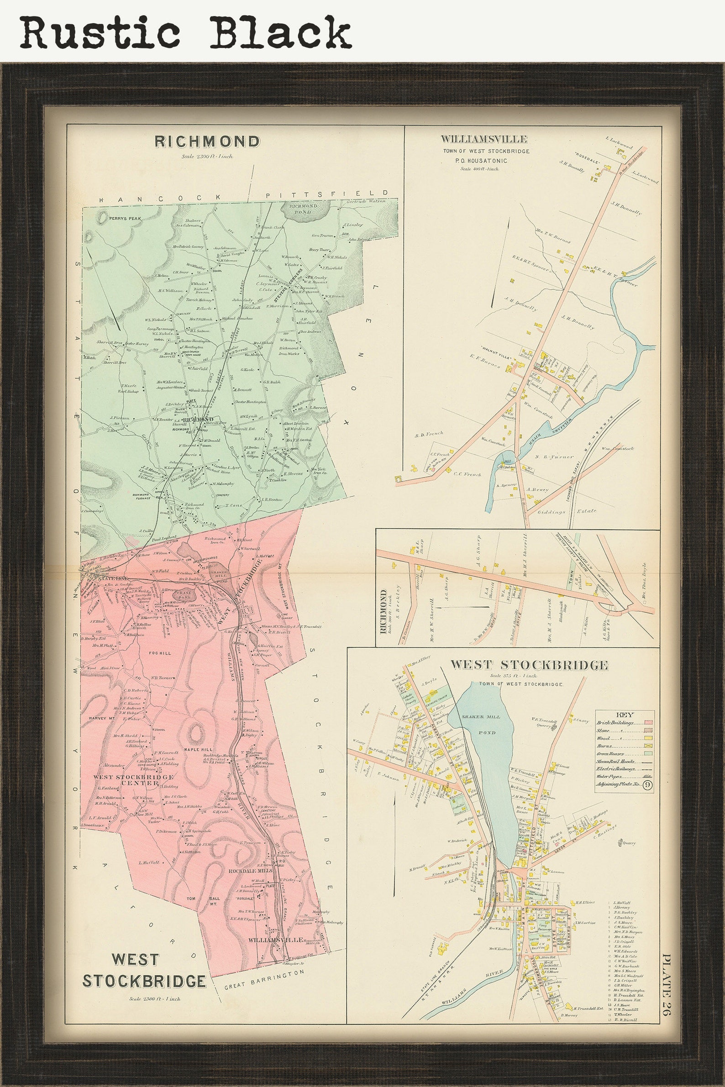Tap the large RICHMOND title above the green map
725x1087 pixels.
pos(207,142)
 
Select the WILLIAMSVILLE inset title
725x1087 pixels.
pos(483,139)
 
